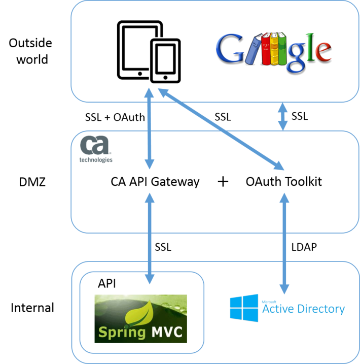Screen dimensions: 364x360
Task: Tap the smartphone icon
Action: (x=166, y=61)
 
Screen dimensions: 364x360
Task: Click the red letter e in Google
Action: (x=321, y=50)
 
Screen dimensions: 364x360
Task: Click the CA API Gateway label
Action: (x=155, y=181)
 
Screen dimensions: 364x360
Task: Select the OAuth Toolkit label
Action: (x=283, y=181)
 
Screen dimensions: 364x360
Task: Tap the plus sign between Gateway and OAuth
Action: (x=223, y=182)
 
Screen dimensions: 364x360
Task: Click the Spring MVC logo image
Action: (x=141, y=319)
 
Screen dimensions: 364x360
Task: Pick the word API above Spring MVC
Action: (x=106, y=283)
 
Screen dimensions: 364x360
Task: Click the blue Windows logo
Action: (x=243, y=308)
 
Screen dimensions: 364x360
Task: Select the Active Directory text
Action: (x=303, y=308)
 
